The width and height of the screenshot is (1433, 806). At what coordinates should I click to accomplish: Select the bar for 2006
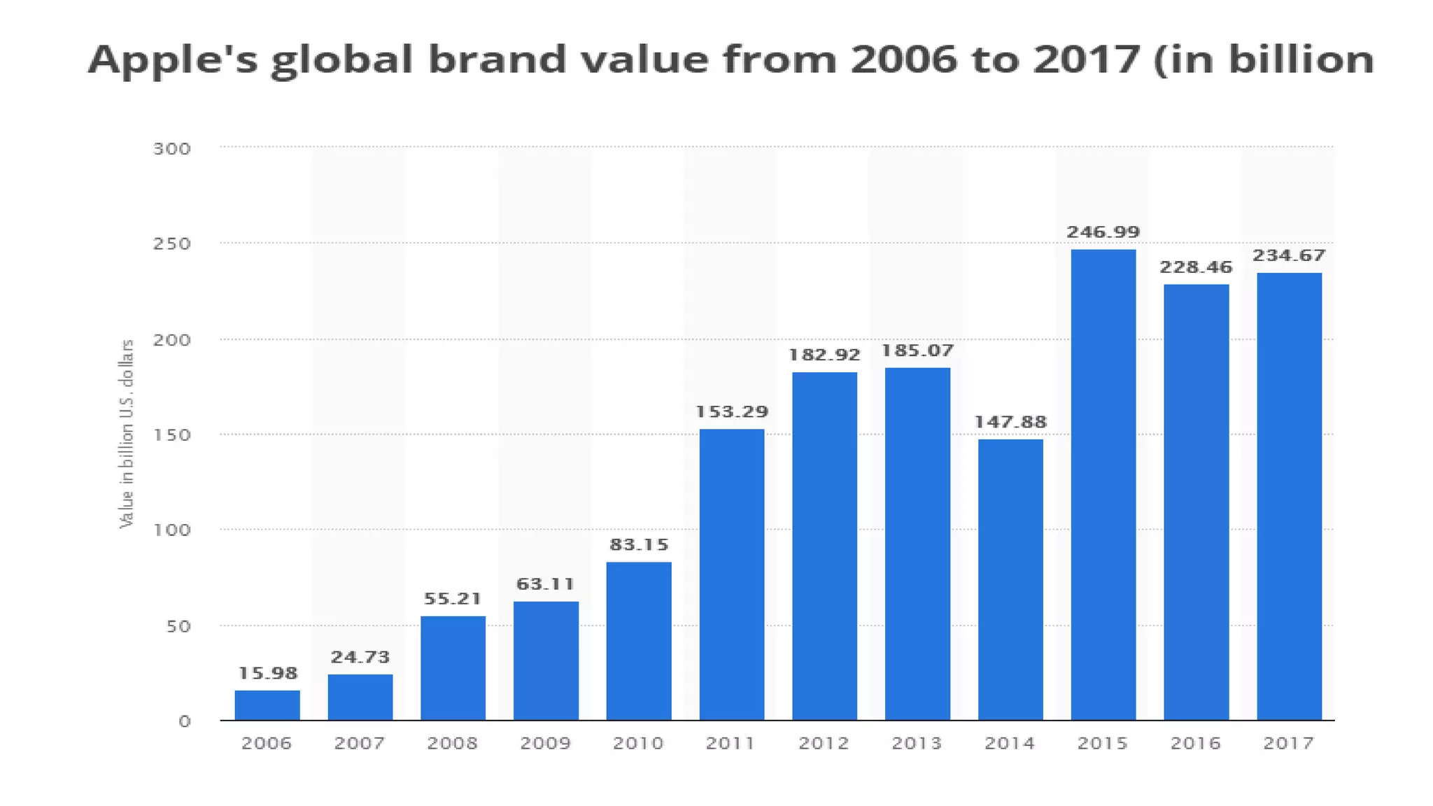coord(267,705)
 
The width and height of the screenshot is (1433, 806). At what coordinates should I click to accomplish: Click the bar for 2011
coord(731,574)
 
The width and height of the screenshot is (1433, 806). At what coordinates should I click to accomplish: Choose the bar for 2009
coord(546,660)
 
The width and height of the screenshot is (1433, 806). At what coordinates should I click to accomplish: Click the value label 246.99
coord(1103,232)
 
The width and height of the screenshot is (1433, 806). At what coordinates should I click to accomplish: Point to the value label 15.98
coord(267,674)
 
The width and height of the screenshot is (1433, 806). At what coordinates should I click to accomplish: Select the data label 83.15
coord(639,545)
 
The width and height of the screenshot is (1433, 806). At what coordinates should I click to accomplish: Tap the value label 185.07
coord(917,351)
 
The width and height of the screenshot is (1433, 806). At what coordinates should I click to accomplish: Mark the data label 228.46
coord(1196,267)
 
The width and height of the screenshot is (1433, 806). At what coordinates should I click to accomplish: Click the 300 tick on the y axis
coord(172,149)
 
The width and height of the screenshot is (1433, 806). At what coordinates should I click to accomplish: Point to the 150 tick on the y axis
coord(172,435)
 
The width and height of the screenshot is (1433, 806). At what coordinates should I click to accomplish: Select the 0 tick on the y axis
coord(184,721)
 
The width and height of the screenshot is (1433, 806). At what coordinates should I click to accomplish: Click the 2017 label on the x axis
coord(1288,743)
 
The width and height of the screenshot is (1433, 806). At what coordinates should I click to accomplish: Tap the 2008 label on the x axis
coord(453,743)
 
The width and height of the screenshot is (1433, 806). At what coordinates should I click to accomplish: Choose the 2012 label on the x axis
coord(824,743)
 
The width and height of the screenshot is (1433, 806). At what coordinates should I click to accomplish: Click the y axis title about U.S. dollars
coord(127,434)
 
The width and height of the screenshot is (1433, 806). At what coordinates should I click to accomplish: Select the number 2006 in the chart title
coord(903,59)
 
